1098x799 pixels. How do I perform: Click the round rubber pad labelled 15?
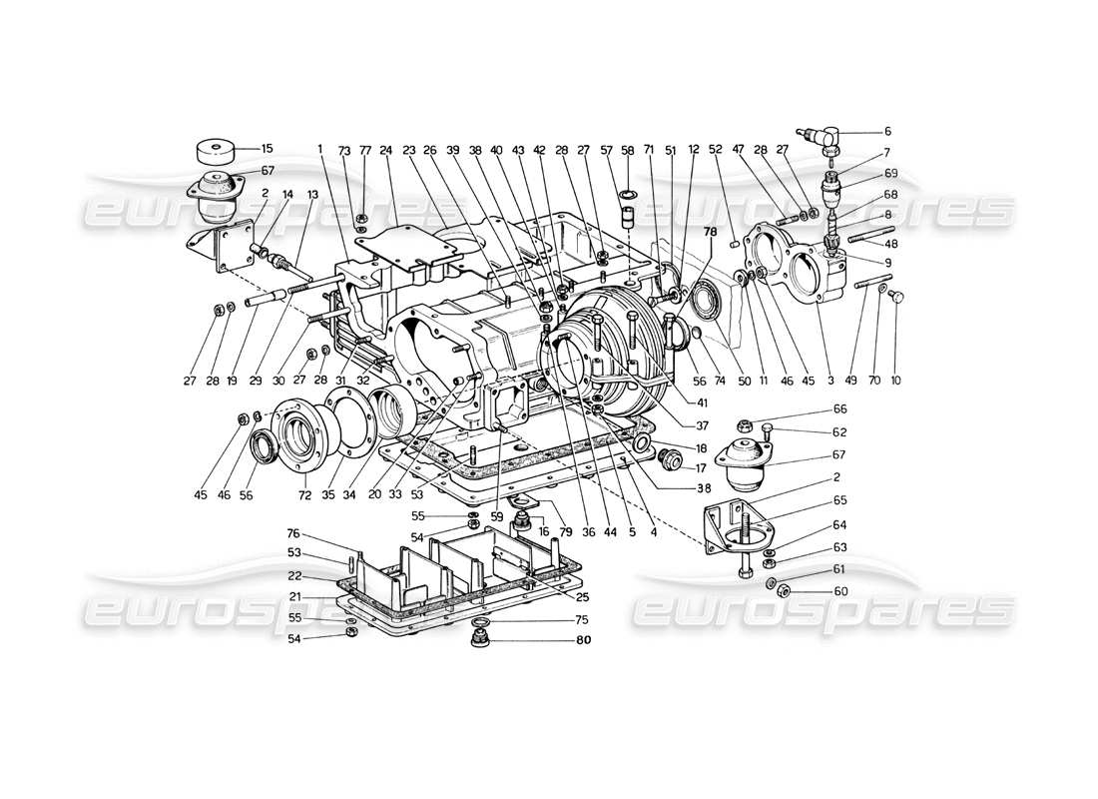tap(213, 153)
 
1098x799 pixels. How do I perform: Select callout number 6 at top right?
tap(887, 131)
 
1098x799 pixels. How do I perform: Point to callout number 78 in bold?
tap(710, 232)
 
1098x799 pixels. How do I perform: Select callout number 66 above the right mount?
tap(839, 408)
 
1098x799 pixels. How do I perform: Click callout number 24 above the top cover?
tap(385, 149)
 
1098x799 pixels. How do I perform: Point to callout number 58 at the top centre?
tap(628, 149)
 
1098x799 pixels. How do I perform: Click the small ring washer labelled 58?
tap(628, 193)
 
